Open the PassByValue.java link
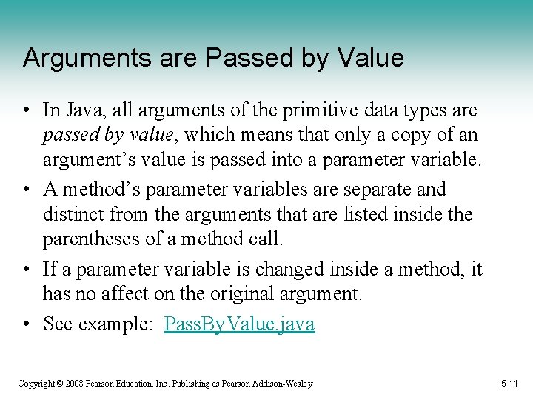(x=239, y=324)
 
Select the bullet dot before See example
(x=27, y=324)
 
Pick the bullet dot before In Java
(x=27, y=111)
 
